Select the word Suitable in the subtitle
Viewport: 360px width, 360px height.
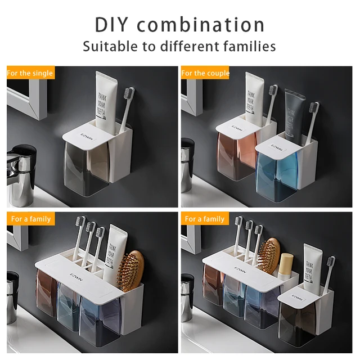click(x=110, y=46)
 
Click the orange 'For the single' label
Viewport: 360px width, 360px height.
click(x=30, y=73)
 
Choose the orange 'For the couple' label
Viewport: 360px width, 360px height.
click(x=205, y=73)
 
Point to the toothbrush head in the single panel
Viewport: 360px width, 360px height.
click(x=129, y=97)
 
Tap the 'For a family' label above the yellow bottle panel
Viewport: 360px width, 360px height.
click(x=205, y=219)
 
